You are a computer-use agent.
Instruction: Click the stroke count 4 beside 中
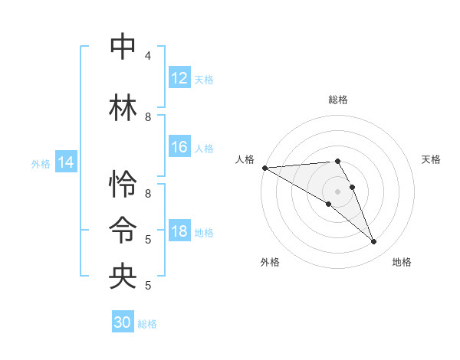click(147, 56)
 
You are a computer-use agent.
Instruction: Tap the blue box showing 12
click(179, 78)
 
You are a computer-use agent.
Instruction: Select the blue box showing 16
click(179, 148)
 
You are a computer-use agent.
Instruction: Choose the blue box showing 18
click(179, 231)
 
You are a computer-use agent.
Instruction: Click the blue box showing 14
click(66, 162)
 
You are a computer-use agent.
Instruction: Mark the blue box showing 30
click(123, 322)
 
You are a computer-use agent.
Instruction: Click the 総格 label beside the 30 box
click(148, 324)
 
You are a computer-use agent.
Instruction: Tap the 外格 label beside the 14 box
click(41, 163)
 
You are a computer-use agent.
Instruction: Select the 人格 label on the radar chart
click(245, 159)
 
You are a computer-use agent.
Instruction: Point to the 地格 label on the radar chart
click(402, 262)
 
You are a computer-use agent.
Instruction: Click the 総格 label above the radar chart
click(337, 100)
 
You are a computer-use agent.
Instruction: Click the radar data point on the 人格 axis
click(264, 167)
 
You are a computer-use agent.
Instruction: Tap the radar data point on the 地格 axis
click(374, 242)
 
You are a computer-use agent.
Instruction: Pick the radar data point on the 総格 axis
click(337, 161)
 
